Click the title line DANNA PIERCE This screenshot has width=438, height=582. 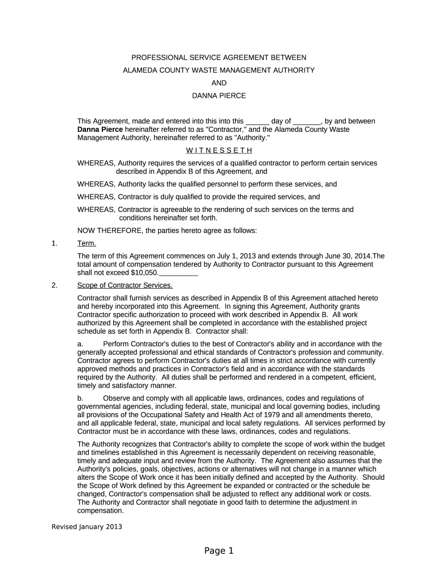coord(219,95)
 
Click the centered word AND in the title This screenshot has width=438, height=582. coord(219,83)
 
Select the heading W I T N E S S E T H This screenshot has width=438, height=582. coord(219,151)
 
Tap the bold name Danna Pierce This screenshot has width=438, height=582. coord(100,130)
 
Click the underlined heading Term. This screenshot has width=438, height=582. coord(86,244)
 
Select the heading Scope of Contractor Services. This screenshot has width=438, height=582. coord(125,285)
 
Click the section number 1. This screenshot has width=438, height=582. coord(55,244)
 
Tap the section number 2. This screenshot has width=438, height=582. coord(55,285)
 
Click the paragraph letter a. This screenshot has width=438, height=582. coord(80,344)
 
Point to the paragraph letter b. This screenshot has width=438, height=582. coord(80,398)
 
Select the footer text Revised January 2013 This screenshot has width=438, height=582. coord(87,527)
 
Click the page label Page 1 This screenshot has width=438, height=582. coord(219,551)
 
